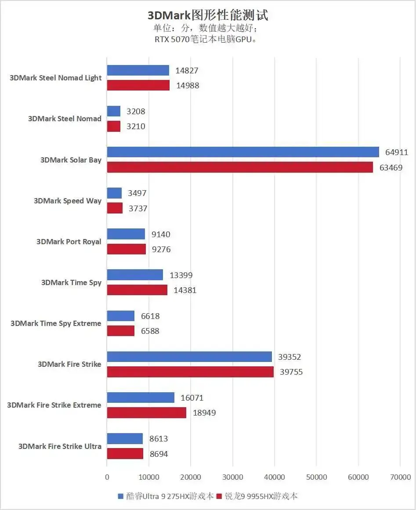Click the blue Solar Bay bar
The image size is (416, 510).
point(243,152)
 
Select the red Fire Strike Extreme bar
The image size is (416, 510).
point(147,412)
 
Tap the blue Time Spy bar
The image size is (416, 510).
point(135,275)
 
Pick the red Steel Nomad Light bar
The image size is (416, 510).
point(138,85)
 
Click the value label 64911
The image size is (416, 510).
point(397,152)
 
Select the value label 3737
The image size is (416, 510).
point(137,209)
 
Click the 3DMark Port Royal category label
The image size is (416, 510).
point(69,242)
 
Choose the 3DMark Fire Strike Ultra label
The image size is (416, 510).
point(60,446)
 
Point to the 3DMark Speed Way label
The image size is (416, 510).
point(68,201)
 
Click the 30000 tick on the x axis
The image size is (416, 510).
point(232,477)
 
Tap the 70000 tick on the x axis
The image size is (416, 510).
point(400,477)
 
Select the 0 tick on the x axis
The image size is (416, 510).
point(107,477)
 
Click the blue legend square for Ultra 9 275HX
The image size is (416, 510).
point(121,496)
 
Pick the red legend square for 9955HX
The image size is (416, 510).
point(219,496)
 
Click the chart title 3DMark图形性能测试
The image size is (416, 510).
point(208,16)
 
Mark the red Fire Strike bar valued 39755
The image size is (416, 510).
point(190,372)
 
